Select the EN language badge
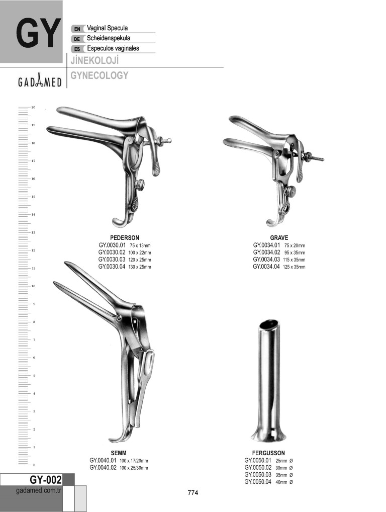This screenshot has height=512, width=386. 77,29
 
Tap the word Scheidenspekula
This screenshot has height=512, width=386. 109,38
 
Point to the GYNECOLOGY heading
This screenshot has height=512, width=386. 100,75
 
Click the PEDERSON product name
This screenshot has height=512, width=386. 124,238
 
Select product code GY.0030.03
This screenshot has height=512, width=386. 112,260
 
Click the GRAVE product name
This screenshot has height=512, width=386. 279,238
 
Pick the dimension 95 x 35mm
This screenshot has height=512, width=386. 294,253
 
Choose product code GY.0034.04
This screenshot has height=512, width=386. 266,267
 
